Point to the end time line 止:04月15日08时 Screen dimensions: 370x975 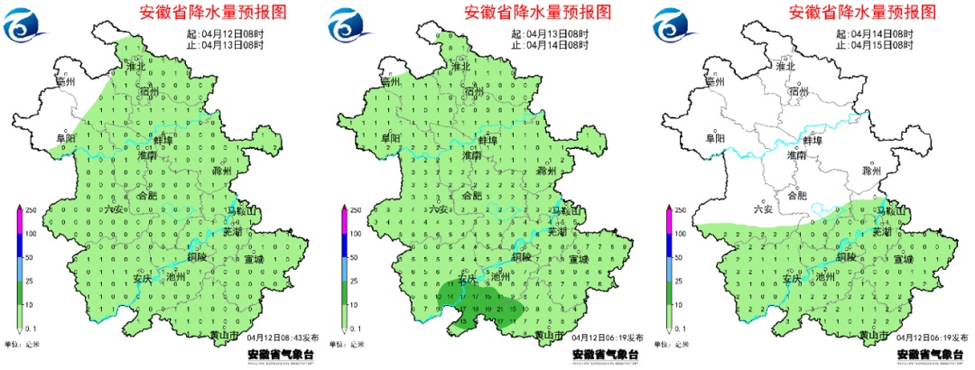[876, 45]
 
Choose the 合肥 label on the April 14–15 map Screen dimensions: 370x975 [797, 194]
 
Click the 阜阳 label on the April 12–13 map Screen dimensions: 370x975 [65, 138]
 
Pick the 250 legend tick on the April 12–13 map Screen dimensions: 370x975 [30, 210]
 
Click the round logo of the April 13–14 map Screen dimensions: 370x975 [348, 24]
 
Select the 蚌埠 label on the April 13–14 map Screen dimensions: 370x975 [487, 141]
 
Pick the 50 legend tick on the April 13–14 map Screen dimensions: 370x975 [355, 257]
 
